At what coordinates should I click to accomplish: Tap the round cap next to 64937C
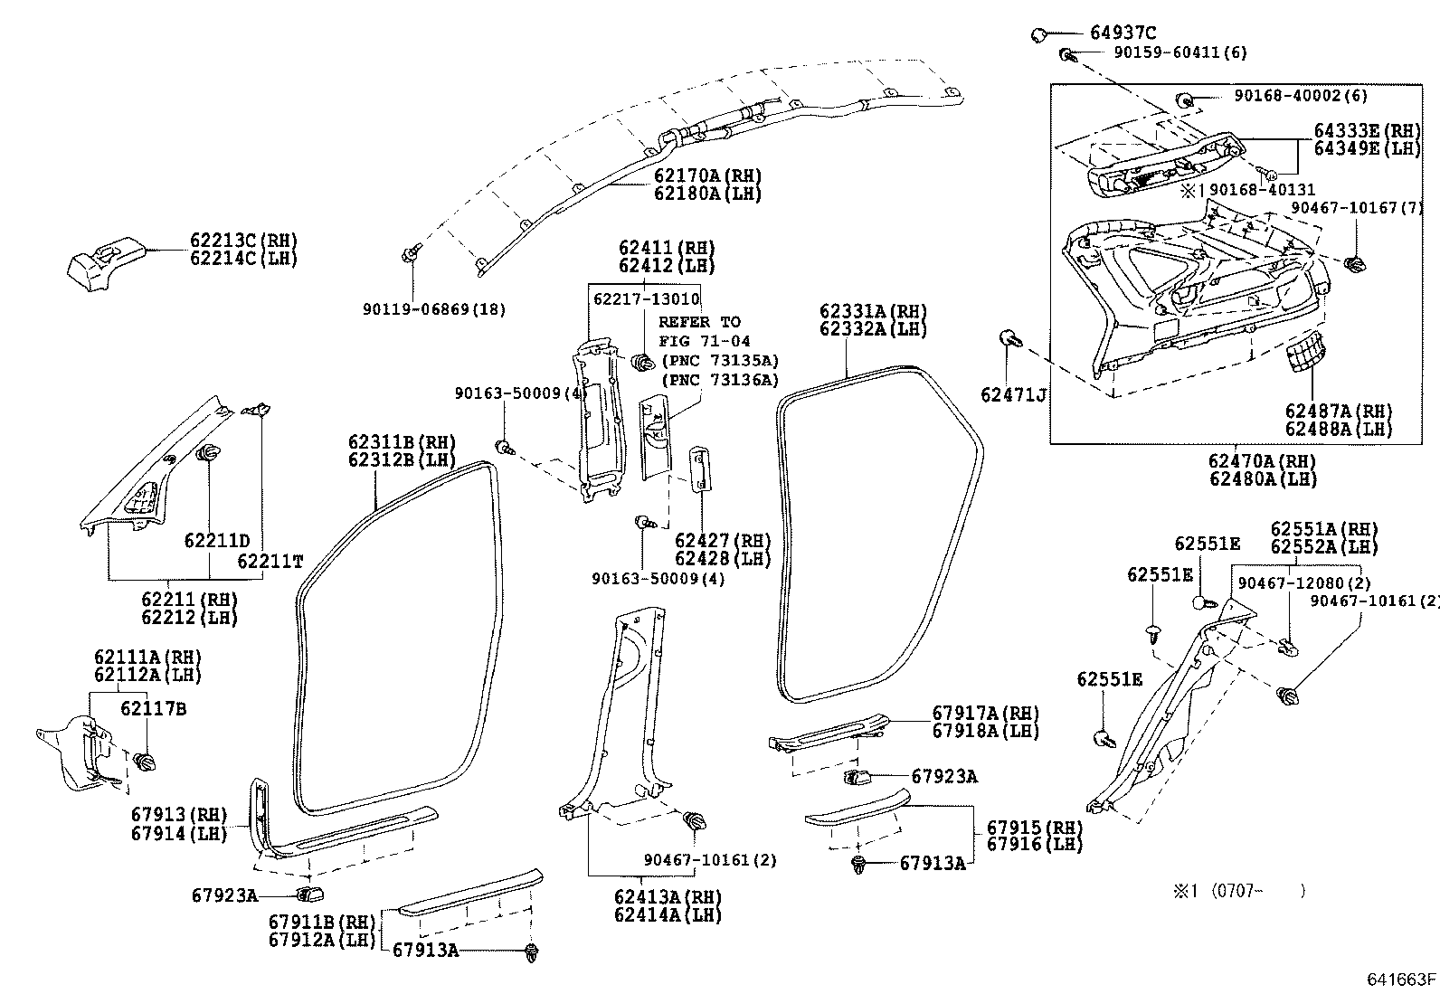pos(1039,34)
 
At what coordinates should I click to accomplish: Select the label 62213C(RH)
pos(243,241)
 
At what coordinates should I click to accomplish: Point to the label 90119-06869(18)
pos(434,309)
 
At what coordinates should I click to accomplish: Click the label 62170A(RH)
pos(707,175)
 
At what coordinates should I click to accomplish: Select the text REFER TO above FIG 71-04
pos(699,322)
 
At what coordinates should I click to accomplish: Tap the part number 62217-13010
pos(646,298)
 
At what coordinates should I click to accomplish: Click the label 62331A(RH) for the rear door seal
pos(874,311)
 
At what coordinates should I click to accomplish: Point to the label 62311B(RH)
pos(402,442)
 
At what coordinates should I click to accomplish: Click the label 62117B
pos(153,709)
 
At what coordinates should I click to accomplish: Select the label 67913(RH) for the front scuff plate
pos(179,814)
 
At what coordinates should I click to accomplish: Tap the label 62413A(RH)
pos(668,896)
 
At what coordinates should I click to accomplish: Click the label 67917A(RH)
pos(985,713)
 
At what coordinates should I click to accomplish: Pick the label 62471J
pos(1013,394)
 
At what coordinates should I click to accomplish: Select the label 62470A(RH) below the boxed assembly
pos(1262,460)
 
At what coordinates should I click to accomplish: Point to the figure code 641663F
pos(1400,979)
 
